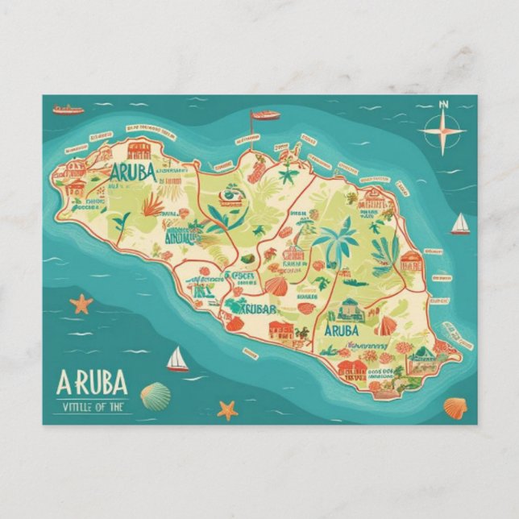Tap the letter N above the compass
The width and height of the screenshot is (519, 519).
click(x=443, y=105)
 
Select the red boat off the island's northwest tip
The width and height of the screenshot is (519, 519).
click(x=68, y=109)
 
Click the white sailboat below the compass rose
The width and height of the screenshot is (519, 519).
click(x=460, y=224)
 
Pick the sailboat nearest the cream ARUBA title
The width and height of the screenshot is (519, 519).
click(x=177, y=359)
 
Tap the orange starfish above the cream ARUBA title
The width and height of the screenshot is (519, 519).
click(x=81, y=304)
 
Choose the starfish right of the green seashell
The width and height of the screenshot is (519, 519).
click(x=228, y=409)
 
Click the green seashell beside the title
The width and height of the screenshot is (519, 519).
click(x=156, y=395)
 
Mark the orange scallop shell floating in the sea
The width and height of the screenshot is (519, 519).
click(x=455, y=408)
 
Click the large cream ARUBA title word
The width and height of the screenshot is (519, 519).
click(x=93, y=380)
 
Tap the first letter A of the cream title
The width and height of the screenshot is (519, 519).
click(x=66, y=380)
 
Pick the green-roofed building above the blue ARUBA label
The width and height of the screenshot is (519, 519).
click(x=351, y=309)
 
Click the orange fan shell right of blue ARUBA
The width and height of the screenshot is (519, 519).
click(x=386, y=326)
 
